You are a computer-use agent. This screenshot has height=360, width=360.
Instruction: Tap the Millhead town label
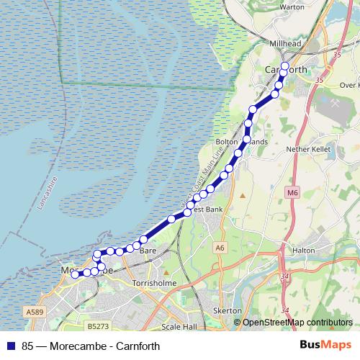coord(284,43)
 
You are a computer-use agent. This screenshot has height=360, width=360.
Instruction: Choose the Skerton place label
coord(227,310)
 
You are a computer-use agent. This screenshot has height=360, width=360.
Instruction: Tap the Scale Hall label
coord(179,326)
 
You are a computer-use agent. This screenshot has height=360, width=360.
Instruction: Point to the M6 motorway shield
coord(292,193)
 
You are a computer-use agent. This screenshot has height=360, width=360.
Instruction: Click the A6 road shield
coord(220,247)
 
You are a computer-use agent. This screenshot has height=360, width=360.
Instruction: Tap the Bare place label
coord(148,251)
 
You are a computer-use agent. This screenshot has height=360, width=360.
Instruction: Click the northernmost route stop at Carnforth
coord(284,67)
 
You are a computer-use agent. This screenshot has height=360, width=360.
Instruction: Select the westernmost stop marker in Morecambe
coord(75,274)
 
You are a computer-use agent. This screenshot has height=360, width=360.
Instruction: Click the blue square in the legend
coord(12,346)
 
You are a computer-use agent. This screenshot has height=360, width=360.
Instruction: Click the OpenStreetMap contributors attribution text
coord(297,323)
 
